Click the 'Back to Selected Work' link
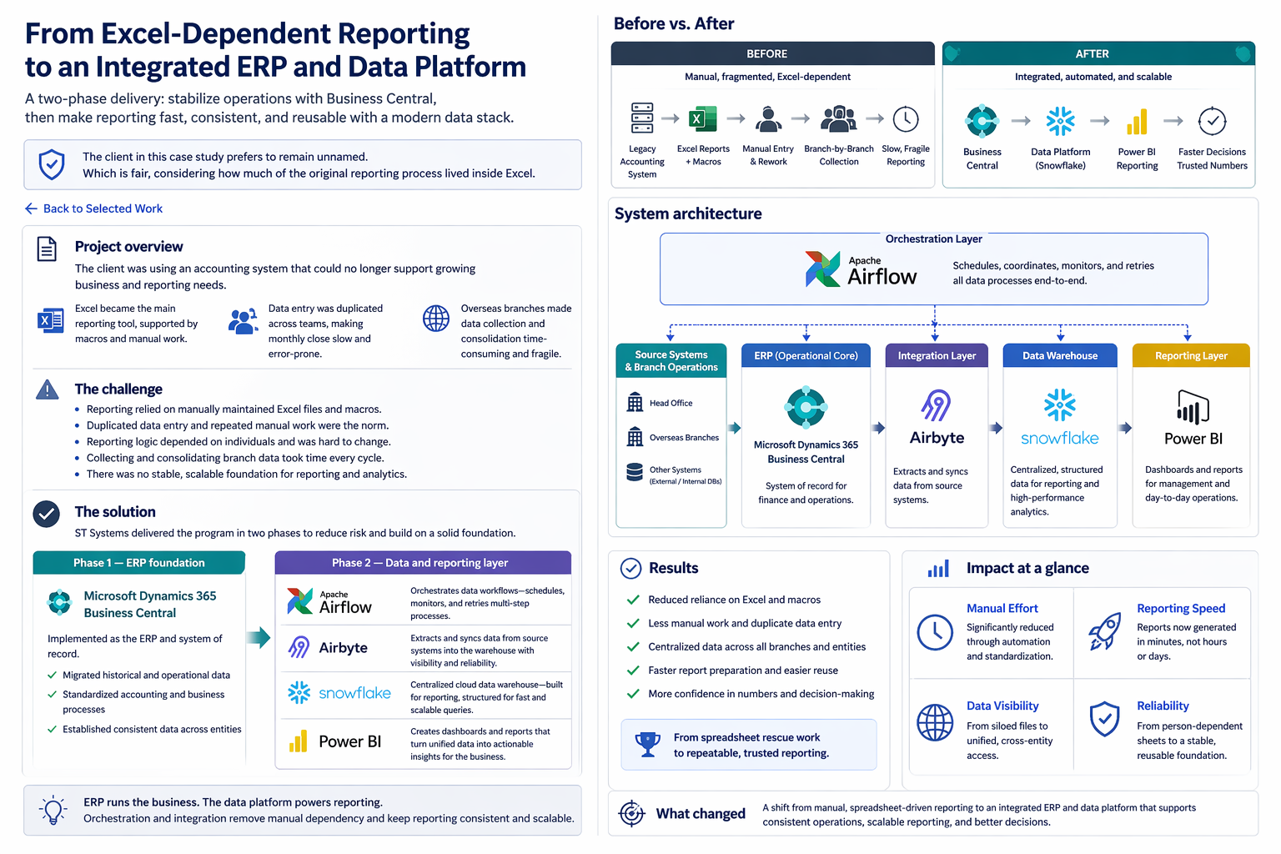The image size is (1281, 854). [x=94, y=208]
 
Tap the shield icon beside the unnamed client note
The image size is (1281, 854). [x=52, y=164]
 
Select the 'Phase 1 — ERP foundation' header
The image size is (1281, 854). [x=138, y=563]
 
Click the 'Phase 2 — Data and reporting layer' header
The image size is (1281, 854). [x=422, y=563]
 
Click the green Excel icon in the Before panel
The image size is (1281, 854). [x=702, y=119]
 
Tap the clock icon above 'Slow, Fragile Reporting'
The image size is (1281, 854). [x=906, y=119]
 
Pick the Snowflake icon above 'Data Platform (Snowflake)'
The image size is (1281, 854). [x=1060, y=121]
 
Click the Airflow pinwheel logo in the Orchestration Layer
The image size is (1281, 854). [x=822, y=269]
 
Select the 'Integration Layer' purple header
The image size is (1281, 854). [x=937, y=355]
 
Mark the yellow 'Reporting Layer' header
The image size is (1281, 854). [x=1190, y=355]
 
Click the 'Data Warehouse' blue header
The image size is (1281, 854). [x=1060, y=355]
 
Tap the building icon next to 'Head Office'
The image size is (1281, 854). [x=635, y=403]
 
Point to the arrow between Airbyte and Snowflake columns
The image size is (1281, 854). [x=996, y=428]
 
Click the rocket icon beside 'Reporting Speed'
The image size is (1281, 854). [x=1104, y=630]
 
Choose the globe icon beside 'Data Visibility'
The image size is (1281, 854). [x=935, y=722]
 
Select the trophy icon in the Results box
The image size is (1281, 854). [x=647, y=744]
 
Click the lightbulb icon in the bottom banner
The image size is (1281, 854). [x=54, y=810]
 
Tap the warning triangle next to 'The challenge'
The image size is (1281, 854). [x=48, y=389]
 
